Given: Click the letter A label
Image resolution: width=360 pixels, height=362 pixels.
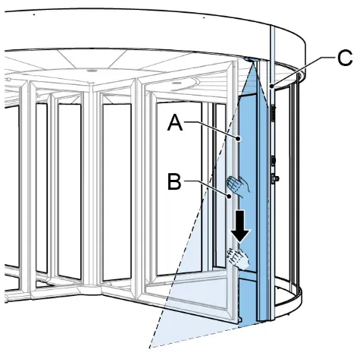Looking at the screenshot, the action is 175,122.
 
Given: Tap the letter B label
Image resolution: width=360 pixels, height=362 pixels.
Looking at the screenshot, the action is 174,181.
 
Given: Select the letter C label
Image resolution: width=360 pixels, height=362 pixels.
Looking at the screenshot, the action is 345,58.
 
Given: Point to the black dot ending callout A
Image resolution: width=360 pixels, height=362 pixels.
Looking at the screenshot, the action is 238,138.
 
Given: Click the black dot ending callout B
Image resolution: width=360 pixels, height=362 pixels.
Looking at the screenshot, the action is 230,196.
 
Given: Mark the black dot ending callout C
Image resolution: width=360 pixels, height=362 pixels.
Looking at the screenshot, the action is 271,86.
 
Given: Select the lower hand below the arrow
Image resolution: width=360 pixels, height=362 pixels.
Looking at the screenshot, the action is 238,258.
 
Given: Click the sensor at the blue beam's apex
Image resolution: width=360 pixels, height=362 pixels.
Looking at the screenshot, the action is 250,60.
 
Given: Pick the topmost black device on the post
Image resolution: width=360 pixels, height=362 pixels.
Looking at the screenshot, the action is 273,114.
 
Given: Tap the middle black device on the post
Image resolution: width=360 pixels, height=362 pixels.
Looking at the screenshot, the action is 273,161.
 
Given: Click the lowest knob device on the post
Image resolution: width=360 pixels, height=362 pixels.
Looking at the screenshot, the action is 274,178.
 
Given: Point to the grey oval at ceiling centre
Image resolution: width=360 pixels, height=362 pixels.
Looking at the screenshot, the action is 92,71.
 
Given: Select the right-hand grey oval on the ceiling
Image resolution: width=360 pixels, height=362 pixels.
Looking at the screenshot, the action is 177,83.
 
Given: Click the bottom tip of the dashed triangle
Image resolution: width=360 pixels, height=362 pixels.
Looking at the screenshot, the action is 149,348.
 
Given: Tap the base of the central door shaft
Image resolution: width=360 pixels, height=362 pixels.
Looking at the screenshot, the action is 92,291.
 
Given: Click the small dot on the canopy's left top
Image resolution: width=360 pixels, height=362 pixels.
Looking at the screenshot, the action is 34,14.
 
